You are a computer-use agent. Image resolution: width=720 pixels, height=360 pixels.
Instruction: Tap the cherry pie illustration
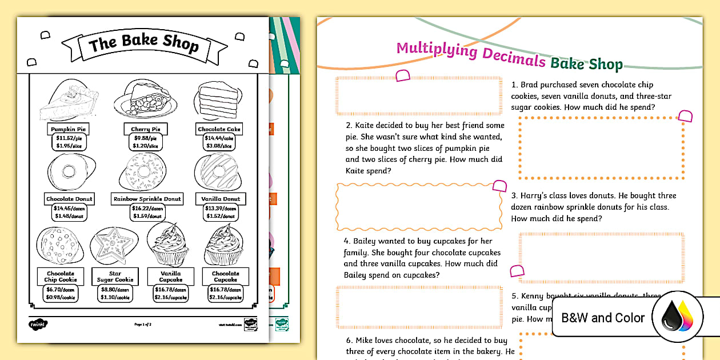point(145,99)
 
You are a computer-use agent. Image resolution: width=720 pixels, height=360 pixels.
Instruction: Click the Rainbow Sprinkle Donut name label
point(147,199)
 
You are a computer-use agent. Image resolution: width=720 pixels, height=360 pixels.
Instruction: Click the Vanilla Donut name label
point(220,199)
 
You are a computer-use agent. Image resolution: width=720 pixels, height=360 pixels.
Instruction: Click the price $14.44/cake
point(219,138)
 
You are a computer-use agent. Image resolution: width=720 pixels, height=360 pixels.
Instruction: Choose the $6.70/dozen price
point(60,290)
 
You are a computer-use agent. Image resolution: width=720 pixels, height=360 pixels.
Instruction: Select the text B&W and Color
point(603,318)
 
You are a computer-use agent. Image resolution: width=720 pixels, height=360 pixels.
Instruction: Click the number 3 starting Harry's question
point(514,195)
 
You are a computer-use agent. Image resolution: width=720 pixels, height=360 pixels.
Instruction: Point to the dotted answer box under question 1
point(602,147)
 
